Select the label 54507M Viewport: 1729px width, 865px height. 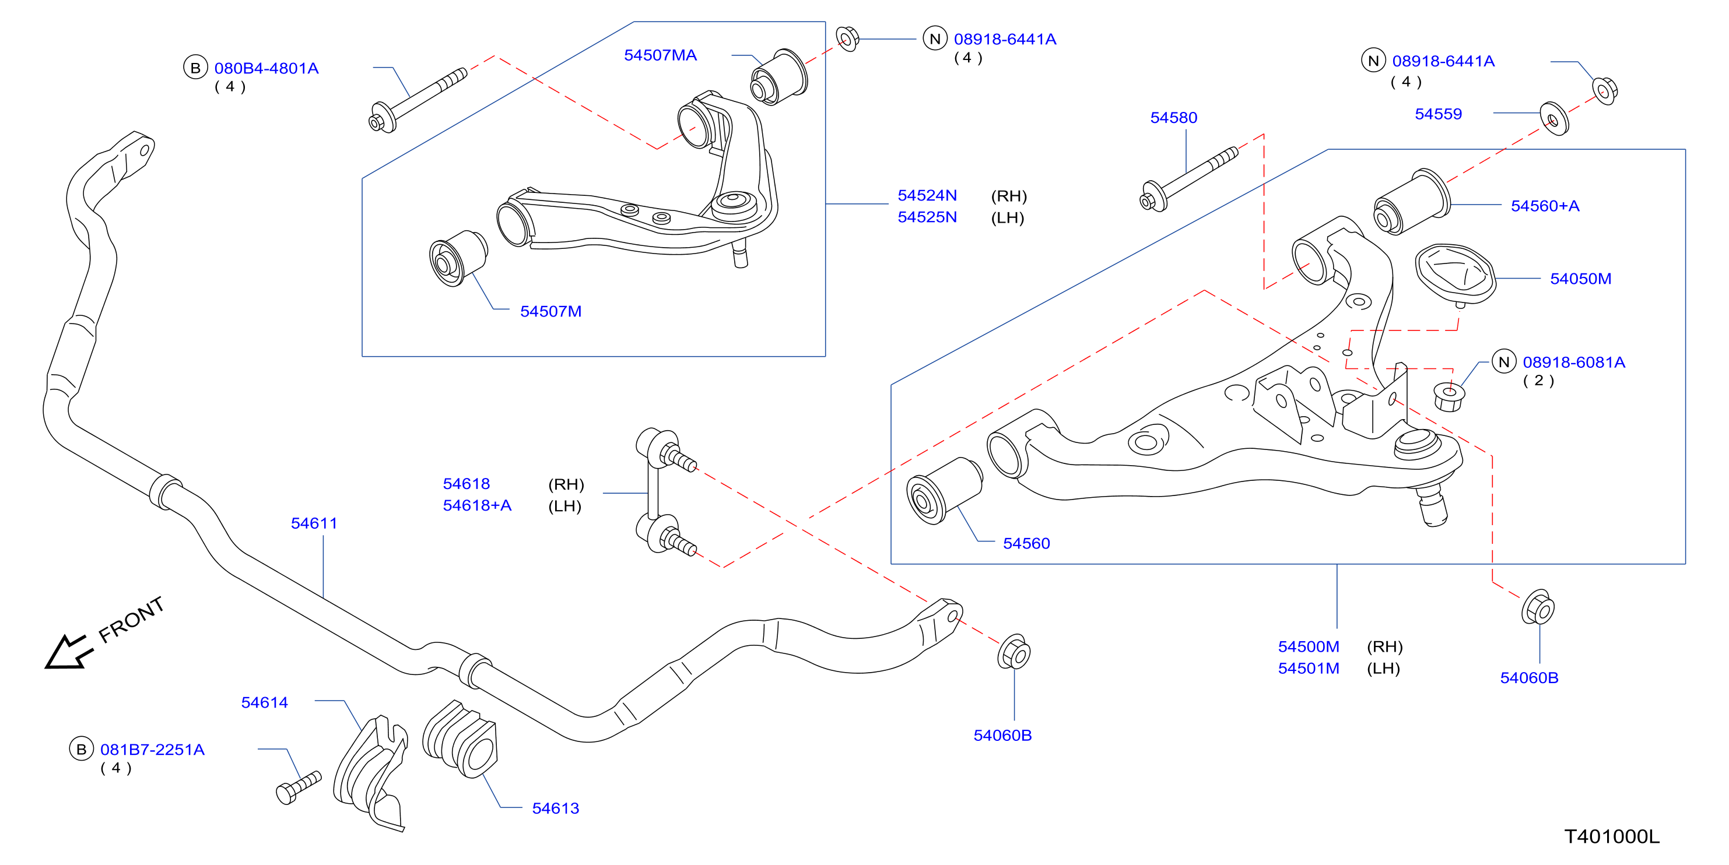pyautogui.click(x=550, y=311)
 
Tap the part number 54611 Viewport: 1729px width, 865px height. pyautogui.click(x=314, y=523)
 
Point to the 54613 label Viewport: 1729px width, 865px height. pyautogui.click(x=555, y=808)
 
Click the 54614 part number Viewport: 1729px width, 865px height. pyautogui.click(x=264, y=702)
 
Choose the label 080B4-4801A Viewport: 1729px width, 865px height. pyautogui.click(x=266, y=68)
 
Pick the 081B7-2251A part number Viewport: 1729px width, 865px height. pyautogui.click(x=152, y=750)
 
